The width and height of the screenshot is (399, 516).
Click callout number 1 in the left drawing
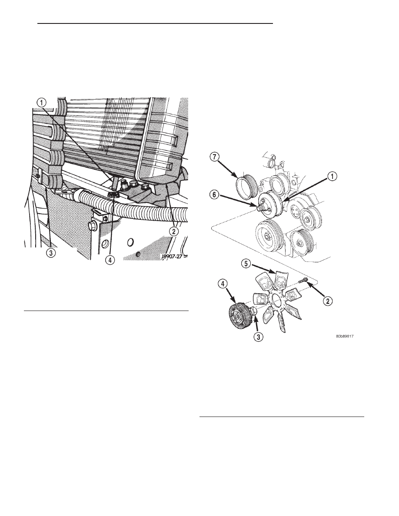coord(41,103)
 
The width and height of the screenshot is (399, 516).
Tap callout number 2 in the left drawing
coord(174,232)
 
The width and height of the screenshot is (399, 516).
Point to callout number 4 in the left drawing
coord(111,261)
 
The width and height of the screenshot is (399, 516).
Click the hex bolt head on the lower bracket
coord(93,226)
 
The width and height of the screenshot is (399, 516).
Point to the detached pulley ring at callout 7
coord(246,185)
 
